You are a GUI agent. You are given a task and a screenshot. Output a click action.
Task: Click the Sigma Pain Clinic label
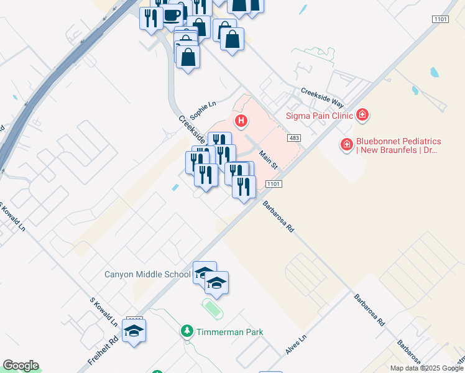point(319,115)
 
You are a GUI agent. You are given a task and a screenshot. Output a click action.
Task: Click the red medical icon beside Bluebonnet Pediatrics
point(346,145)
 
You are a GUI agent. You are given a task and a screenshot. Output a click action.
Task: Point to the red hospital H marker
point(240,120)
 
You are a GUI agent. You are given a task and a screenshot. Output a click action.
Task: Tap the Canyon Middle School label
point(147,274)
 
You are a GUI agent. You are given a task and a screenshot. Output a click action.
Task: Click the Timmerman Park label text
point(229,332)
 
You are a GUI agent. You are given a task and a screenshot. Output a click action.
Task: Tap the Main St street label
point(268,160)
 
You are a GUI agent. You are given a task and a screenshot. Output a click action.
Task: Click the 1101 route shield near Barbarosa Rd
point(273,184)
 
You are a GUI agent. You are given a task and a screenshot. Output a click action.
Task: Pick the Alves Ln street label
point(297,346)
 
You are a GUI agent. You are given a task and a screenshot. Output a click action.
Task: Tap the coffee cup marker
point(172,15)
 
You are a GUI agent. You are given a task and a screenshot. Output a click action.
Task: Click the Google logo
point(21,366)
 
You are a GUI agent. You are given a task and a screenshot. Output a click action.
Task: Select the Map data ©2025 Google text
point(426,368)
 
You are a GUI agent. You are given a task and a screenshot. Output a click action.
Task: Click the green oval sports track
point(213,308)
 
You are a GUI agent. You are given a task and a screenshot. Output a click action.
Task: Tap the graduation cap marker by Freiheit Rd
point(134,330)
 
